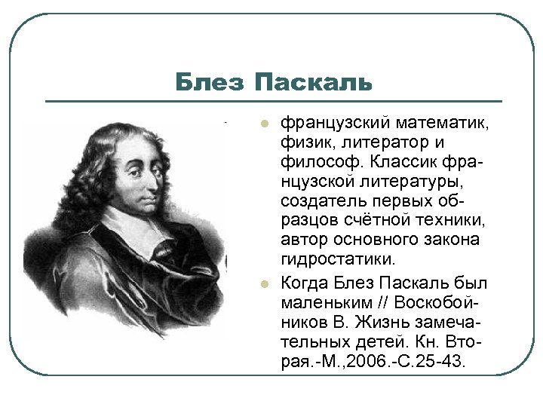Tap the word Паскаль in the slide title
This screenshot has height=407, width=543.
coord(313,82)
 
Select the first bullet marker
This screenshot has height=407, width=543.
coord(265,124)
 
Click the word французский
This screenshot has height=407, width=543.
coord(333,122)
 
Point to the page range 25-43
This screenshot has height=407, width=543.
coord(444,362)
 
